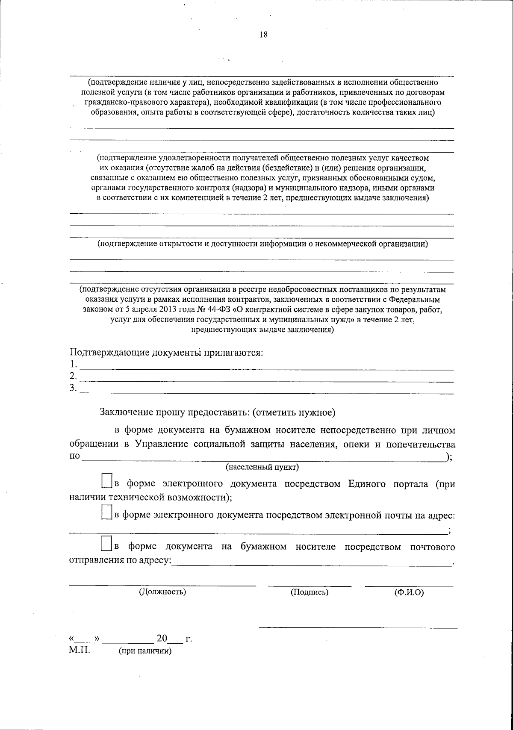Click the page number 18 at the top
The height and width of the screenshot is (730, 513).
(x=263, y=35)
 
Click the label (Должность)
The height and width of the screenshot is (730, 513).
(x=162, y=592)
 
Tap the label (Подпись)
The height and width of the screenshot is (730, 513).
(x=310, y=592)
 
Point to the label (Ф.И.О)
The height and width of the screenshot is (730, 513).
(x=409, y=592)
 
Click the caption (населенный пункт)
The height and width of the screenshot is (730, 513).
(x=262, y=467)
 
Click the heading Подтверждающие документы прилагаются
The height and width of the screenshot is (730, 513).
(x=166, y=353)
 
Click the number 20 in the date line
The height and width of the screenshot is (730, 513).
(x=162, y=639)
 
